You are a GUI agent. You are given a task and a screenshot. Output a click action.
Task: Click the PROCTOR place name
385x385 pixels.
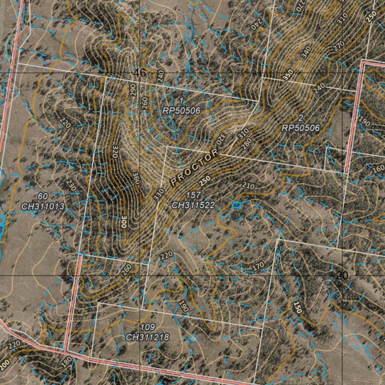coord(194,168)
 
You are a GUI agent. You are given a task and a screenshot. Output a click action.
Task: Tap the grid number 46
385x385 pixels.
coord(139,73)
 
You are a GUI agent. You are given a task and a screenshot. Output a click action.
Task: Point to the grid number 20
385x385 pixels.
coord(342,276)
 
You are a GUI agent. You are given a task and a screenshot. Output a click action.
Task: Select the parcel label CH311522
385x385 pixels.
coord(193,205)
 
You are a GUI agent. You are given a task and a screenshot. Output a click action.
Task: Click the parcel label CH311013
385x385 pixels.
coord(43,206)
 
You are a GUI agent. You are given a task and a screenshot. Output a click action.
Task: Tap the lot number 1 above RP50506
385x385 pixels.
coord(181,101)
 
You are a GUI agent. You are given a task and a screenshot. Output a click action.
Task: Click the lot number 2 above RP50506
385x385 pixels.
coord(301,118)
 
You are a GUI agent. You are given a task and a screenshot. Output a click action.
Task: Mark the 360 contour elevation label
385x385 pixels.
coord(136,178)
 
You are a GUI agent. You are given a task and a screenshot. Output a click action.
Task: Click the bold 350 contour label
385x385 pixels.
coord(288,75)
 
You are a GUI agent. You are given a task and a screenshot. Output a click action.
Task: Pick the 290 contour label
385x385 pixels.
coord(133,90)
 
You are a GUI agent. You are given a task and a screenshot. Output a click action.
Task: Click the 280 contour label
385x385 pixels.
coord(247,143)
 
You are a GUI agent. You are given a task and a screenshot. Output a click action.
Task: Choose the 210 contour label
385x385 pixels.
coord(249,186)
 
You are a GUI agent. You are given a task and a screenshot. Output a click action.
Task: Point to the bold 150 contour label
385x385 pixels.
coord(298,308)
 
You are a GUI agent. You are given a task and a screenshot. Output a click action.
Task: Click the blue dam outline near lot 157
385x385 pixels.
coord(236,205)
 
